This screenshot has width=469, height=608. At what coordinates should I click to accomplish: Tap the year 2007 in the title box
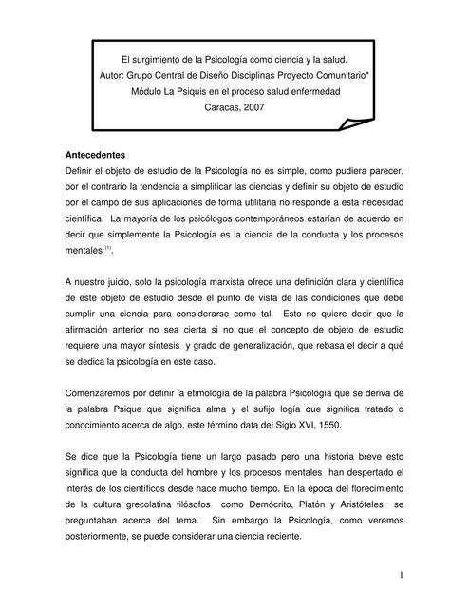coord(250,108)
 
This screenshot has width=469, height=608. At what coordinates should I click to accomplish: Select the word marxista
coord(222,282)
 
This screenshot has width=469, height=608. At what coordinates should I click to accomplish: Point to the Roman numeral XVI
coord(337,427)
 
